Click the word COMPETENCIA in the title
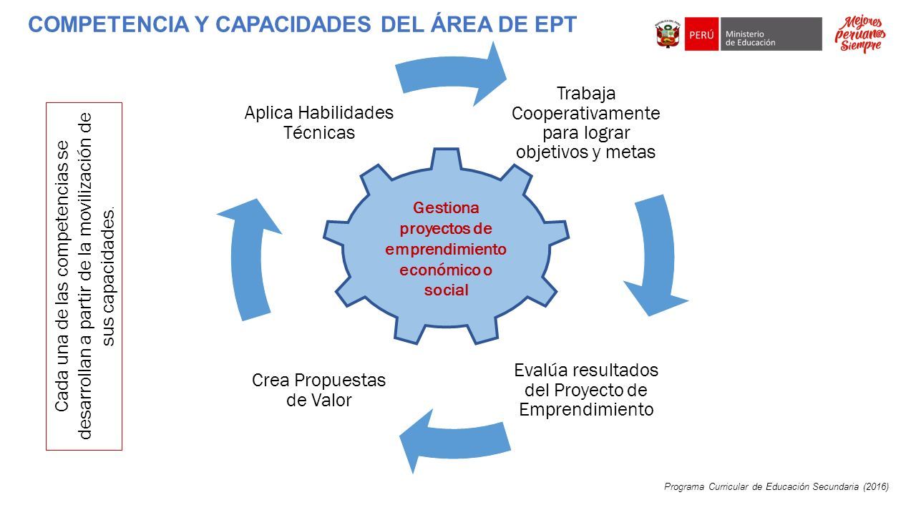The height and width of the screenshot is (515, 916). pos(108,24)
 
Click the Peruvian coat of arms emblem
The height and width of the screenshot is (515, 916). pos(668,34)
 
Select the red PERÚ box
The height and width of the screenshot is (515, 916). pos(701,34)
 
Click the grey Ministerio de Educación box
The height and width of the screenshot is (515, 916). pos(771,34)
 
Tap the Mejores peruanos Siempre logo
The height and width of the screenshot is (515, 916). pos(860,34)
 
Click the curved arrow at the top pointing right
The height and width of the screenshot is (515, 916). pos(451,73)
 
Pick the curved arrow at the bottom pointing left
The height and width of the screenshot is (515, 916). pos(455,441)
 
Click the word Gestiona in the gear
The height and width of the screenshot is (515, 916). pos(446,208)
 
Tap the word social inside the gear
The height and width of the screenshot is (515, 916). pos(446,290)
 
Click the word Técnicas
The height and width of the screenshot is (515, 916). pos(319,132)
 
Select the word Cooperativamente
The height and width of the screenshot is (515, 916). pos(585,113)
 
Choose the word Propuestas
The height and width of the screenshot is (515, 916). pos(340,381)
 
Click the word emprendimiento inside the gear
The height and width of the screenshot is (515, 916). pos(446,250)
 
